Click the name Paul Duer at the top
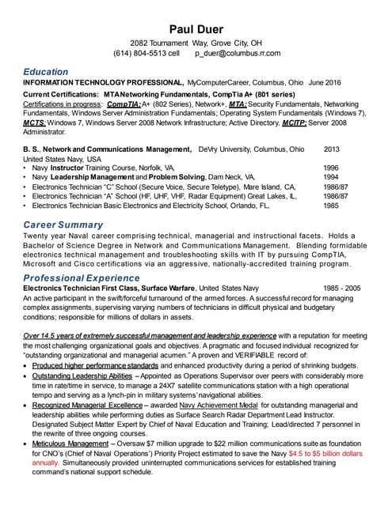pyautogui.click(x=195, y=30)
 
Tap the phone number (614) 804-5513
pyautogui.click(x=140, y=54)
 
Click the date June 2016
pyautogui.click(x=324, y=82)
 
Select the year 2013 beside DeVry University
pyautogui.click(x=332, y=149)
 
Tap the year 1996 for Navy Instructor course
pyautogui.click(x=332, y=168)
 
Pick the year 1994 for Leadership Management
pyautogui.click(x=332, y=177)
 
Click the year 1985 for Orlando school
pyautogui.click(x=332, y=205)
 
